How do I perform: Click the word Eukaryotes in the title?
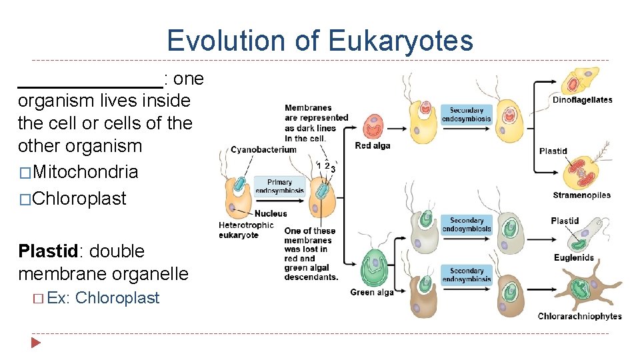pos(400,41)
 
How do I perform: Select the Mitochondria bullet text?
pos(85,171)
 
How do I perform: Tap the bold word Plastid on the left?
pos(47,251)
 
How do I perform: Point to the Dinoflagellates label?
pos(582,100)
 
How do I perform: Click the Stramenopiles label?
pos(581,195)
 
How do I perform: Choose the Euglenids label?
pos(573,258)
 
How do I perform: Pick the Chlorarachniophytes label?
pos(579,316)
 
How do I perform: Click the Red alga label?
pos(373,146)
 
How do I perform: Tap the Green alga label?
pos(372,292)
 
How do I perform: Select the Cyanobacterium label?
pos(263,149)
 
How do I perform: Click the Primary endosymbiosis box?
pos(279,186)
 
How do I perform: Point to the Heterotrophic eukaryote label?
pos(246,230)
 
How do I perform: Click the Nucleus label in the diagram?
pos(271,213)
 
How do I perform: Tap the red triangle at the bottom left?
pos(36,343)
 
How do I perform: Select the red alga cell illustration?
pos(373,126)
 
